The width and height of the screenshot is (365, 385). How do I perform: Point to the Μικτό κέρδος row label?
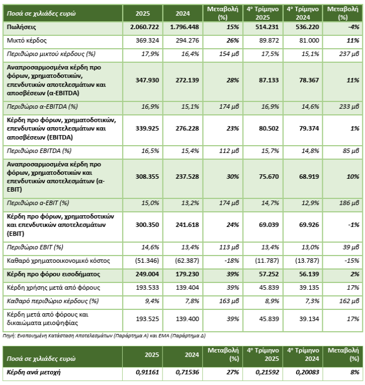pos(26,40)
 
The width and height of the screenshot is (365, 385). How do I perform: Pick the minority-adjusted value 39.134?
pos(305,318)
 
